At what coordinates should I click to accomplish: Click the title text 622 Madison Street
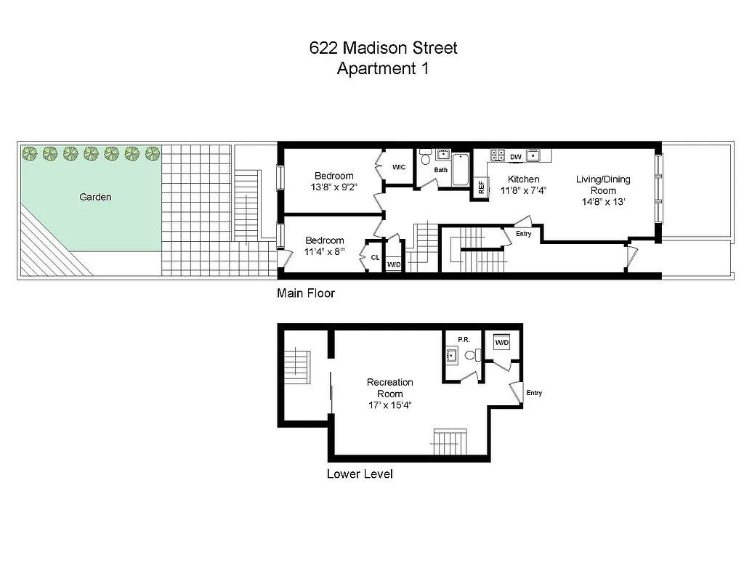point(383,49)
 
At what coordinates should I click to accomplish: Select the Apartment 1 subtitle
point(383,69)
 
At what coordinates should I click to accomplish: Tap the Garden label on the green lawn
point(96,197)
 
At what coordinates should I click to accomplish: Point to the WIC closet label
point(399,167)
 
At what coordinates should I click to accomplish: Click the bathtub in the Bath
point(461,171)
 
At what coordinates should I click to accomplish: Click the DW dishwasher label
point(516,157)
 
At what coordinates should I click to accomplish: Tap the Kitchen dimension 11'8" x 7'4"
point(523,191)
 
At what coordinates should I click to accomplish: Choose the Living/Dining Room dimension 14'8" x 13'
point(603,202)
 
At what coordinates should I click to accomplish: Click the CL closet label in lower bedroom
point(375,257)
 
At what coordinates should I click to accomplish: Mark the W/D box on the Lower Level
point(502,342)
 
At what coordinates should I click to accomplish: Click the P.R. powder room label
point(464,339)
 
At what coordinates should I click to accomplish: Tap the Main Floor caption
point(305,293)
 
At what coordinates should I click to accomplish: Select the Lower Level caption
point(360,474)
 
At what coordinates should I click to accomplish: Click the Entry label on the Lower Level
point(534,393)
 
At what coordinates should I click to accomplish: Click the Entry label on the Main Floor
point(523,234)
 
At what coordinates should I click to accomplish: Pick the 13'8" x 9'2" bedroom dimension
point(333,187)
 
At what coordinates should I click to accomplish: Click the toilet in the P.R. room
point(471,355)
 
